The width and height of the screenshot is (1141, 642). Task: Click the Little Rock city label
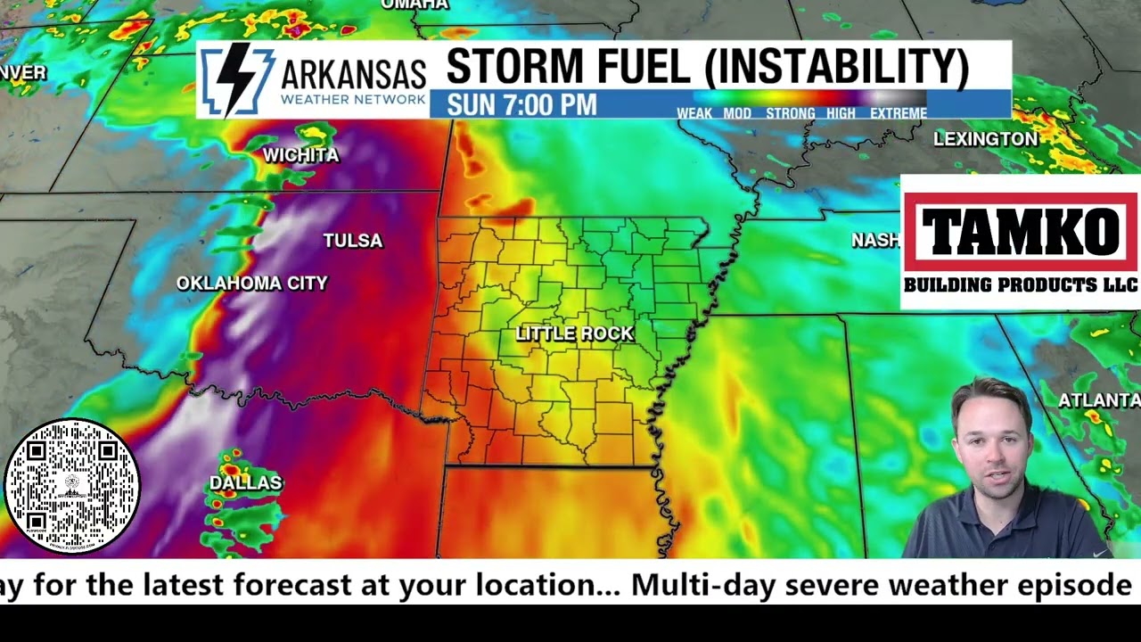pos(574,333)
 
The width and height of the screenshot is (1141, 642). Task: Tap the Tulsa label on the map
pos(352,241)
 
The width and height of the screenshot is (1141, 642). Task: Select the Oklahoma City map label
pos(252,284)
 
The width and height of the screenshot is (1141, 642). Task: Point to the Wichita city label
pos(300,155)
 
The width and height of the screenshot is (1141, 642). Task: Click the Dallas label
pos(245,482)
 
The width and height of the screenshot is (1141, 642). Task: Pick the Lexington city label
pos(985,139)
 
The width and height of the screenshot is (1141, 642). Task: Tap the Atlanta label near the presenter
pos(1098,400)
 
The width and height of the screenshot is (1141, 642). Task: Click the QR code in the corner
pos(72,487)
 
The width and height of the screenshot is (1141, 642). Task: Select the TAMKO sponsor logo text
pos(1020,231)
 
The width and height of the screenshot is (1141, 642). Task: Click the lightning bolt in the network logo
pos(234,79)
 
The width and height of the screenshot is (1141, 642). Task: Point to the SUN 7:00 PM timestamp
pos(521,105)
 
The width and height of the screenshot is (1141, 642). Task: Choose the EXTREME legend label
pos(898,113)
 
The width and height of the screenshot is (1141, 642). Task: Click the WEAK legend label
pos(694,113)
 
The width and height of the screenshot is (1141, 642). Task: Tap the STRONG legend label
pos(790,113)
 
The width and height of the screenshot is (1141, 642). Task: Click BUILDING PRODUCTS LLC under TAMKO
pos(1020,285)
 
